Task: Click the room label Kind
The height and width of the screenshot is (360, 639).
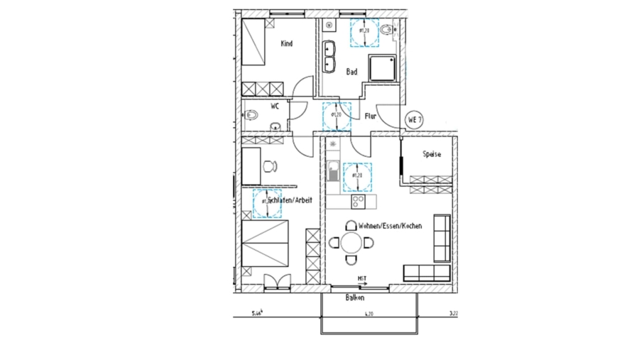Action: pyautogui.click(x=287, y=44)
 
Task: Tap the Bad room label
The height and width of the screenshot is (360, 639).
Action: pyautogui.click(x=351, y=72)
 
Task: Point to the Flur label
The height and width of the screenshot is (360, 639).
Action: pyautogui.click(x=370, y=116)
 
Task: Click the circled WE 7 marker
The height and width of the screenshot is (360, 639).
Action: pyautogui.click(x=415, y=119)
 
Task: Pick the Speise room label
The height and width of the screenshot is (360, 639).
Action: pyautogui.click(x=432, y=154)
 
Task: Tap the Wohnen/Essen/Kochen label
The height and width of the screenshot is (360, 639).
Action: pyautogui.click(x=390, y=226)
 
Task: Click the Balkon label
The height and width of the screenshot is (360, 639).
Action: pyautogui.click(x=355, y=298)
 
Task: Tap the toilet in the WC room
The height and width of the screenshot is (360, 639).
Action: pyautogui.click(x=253, y=114)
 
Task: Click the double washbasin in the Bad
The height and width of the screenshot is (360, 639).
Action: pyautogui.click(x=329, y=57)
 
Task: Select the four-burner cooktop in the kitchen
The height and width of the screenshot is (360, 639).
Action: pyautogui.click(x=358, y=201)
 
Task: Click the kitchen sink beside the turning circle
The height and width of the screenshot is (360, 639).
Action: pyautogui.click(x=332, y=171)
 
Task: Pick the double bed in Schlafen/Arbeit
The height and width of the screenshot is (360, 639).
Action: pyautogui.click(x=264, y=243)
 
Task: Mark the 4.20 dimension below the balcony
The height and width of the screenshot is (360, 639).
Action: pyautogui.click(x=368, y=313)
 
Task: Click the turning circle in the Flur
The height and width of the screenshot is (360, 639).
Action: pyautogui.click(x=336, y=116)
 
